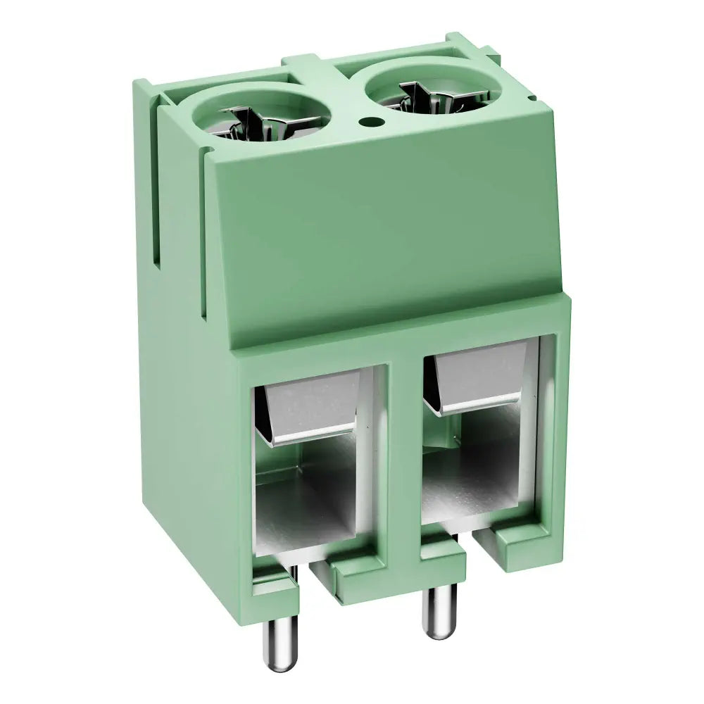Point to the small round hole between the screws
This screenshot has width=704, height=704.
click(366, 122)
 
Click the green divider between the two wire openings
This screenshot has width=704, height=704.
click(404, 451)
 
